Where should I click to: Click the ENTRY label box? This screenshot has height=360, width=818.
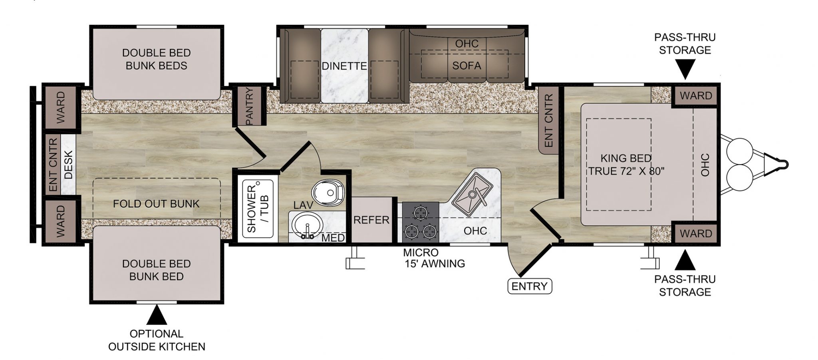(529, 286)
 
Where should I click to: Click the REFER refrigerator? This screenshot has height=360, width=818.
(371, 220)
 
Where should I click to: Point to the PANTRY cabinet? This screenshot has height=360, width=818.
(250, 105)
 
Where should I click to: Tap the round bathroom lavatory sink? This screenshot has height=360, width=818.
(307, 225)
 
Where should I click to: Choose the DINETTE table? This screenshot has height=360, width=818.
(344, 66)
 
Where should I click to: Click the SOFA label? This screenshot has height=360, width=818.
(467, 66)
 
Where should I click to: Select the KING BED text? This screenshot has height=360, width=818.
(626, 158)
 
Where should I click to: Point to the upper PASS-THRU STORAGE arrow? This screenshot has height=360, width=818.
(685, 69)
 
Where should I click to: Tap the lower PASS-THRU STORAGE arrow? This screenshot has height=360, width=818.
(685, 260)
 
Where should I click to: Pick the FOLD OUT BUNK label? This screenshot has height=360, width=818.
(156, 204)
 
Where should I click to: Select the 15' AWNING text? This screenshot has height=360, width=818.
(435, 264)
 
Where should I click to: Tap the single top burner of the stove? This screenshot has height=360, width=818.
(421, 212)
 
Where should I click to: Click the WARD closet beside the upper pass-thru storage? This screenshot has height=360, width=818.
(696, 96)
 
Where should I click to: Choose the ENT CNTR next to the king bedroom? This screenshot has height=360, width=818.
(549, 120)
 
